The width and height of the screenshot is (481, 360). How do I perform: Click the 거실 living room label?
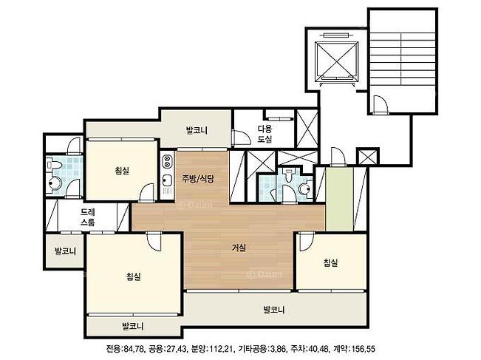239,248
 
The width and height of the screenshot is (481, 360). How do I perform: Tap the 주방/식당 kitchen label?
198,179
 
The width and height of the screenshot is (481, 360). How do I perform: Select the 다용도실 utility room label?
265,134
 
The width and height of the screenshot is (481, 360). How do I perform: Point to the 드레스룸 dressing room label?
88,217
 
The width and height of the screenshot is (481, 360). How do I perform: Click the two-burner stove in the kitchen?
168,161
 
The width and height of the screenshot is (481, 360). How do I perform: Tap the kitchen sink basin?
167,180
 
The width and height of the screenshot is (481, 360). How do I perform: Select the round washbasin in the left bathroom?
55,183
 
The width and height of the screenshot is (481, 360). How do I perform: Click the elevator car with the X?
337,61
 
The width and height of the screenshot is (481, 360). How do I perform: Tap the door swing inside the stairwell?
381,105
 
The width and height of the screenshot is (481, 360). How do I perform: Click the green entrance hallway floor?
339,199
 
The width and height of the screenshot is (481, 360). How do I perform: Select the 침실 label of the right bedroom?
330,262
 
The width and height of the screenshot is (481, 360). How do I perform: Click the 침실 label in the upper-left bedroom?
122,170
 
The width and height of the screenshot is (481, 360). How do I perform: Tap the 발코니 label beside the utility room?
197,130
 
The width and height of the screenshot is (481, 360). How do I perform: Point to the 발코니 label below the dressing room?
65,251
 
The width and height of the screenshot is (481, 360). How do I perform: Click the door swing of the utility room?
242,138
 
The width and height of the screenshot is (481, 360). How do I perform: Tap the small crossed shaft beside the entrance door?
367,157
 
